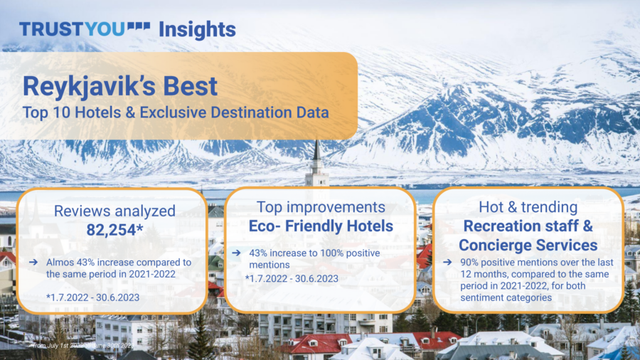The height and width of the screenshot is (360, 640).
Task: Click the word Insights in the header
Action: pyautogui.click(x=197, y=29)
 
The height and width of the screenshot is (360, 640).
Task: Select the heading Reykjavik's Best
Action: pyautogui.click(x=120, y=87)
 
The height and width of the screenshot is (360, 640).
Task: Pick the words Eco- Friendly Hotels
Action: pyautogui.click(x=320, y=226)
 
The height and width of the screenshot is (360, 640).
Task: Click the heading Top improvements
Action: pyautogui.click(x=320, y=207)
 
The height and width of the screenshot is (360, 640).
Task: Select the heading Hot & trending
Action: pyautogui.click(x=528, y=207)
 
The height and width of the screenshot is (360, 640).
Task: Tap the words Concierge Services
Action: pyautogui.click(x=528, y=245)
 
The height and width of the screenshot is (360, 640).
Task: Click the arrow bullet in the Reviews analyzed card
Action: pyautogui.click(x=33, y=263)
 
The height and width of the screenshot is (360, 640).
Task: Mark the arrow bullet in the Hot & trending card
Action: pyautogui.click(x=447, y=263)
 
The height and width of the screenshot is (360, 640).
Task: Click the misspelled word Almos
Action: pyautogui.click(x=59, y=263)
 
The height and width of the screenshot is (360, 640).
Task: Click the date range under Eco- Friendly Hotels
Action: pyautogui.click(x=292, y=279)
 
